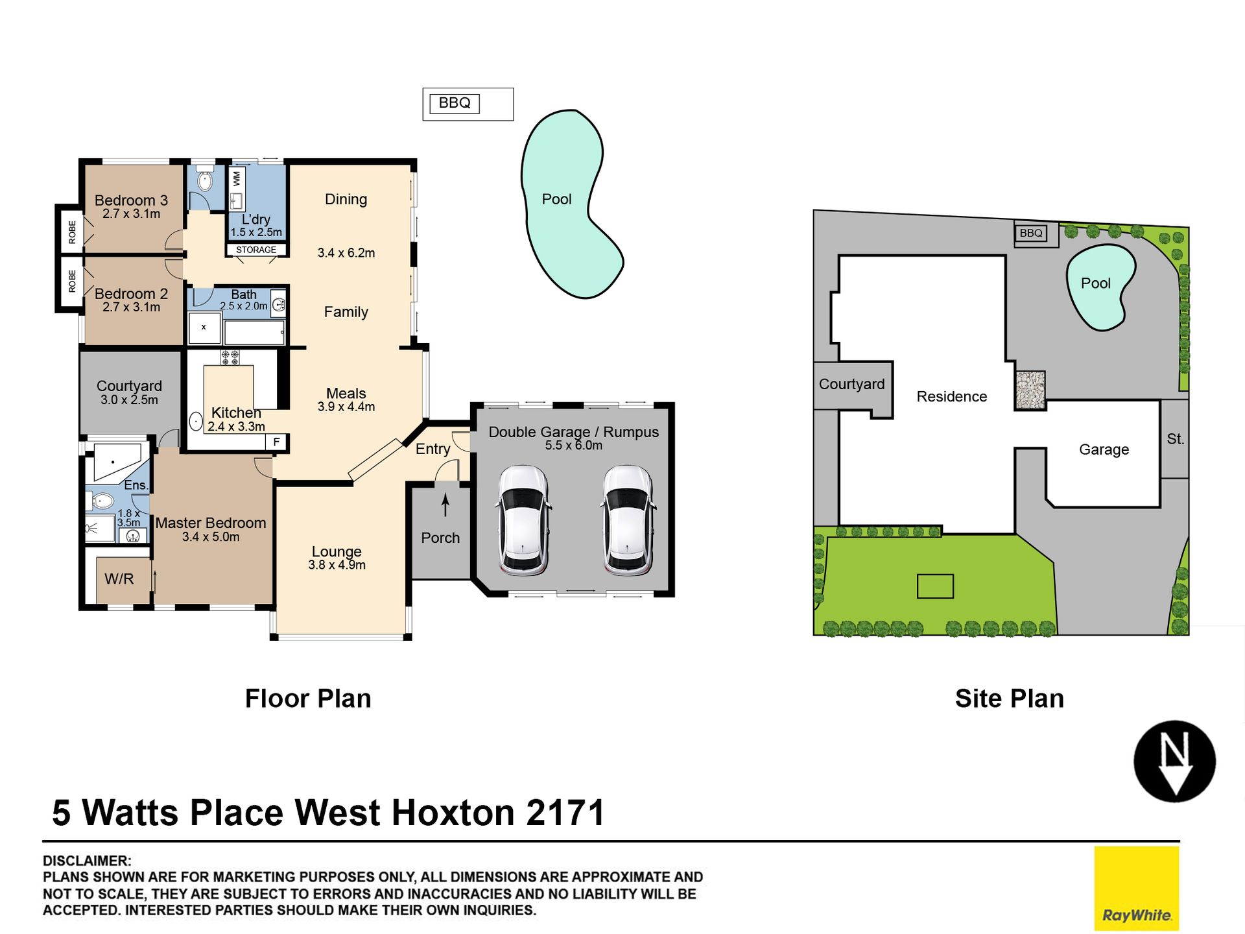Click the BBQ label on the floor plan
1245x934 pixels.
tap(455, 103)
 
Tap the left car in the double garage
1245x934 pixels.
tap(523, 520)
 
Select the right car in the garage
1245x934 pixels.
tap(627, 520)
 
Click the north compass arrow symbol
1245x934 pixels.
tap(1174, 761)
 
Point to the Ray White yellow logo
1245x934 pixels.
tap(1137, 888)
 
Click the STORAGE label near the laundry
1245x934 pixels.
tap(256, 250)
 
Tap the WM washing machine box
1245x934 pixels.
tap(237, 177)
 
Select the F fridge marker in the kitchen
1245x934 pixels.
tap(277, 442)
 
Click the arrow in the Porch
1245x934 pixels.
tap(445, 505)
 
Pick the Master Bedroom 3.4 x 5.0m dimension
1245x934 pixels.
tap(211, 537)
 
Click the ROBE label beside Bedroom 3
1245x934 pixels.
tap(72, 232)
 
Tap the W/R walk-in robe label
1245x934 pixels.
tap(119, 579)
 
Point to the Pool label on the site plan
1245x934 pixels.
tap(1096, 283)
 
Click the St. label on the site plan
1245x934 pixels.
tap(1175, 439)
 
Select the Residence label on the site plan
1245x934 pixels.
tap(952, 396)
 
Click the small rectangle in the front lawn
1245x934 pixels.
tap(935, 586)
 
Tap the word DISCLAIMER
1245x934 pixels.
tap(87, 861)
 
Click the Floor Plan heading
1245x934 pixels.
tap(308, 699)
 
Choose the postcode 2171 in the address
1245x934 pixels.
tap(566, 813)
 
